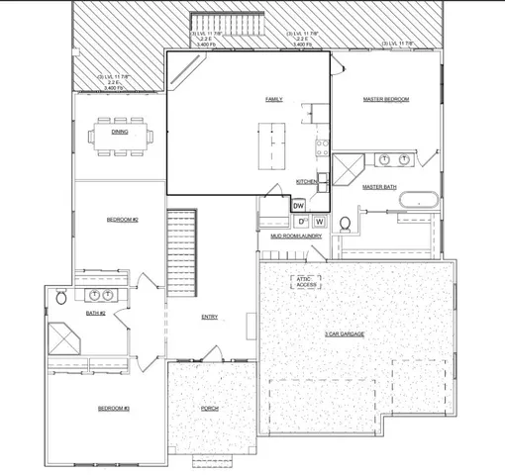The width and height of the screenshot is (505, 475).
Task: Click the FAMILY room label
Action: tap(273, 100)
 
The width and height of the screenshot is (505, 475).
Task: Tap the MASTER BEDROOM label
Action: tap(386, 100)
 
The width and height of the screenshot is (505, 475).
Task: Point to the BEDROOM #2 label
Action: tap(122, 219)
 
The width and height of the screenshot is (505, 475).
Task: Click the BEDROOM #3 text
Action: tap(114, 409)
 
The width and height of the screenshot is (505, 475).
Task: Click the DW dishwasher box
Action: tap(299, 205)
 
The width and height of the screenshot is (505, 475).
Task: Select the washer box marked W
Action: tap(320, 222)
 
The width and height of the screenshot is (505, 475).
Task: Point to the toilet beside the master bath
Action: tap(344, 225)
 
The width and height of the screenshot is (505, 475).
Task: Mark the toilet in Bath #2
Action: tap(61, 296)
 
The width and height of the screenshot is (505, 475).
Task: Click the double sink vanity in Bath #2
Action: tap(101, 295)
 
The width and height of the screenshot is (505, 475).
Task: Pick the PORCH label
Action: tap(209, 409)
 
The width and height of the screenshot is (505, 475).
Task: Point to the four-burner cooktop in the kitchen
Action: tap(322, 148)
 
